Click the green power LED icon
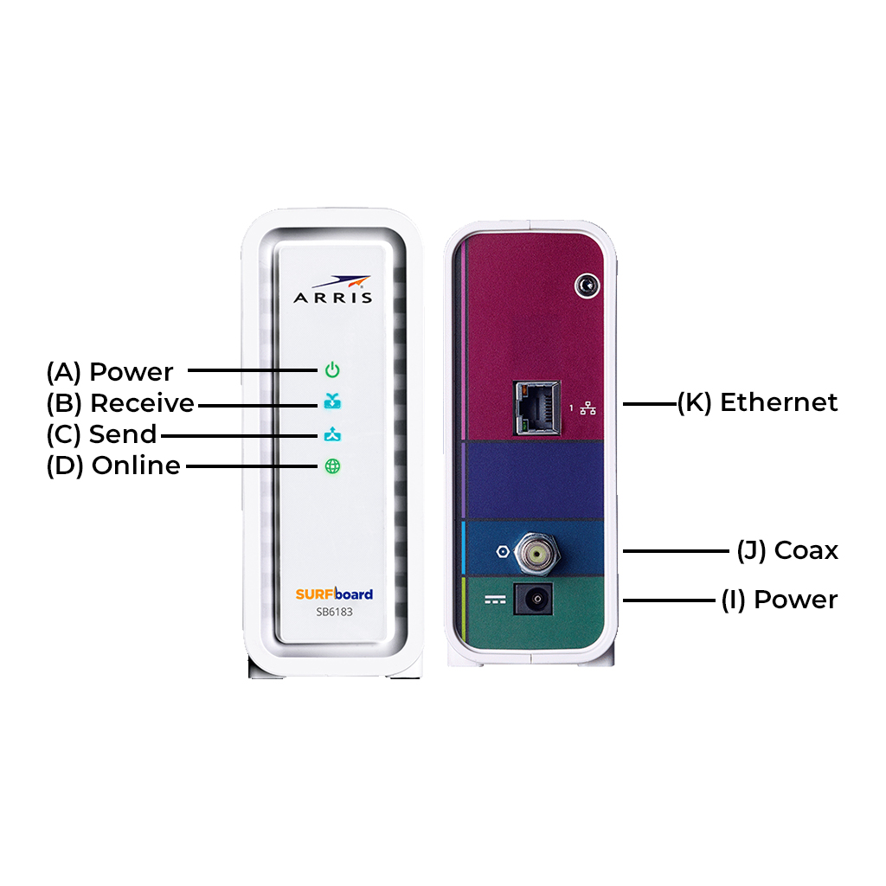click(332, 370)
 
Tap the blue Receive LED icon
click(332, 401)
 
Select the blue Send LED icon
click(332, 434)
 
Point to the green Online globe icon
click(332, 466)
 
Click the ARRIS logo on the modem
click(333, 289)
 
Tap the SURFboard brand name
click(334, 594)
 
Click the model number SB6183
click(334, 612)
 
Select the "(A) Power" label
click(110, 372)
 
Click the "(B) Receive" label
click(120, 403)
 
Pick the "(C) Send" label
click(102, 434)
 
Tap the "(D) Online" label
click(113, 465)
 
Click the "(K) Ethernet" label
click(758, 402)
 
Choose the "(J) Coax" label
click(787, 550)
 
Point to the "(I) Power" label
click(780, 600)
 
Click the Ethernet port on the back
click(536, 408)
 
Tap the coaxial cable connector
click(536, 551)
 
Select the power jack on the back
click(533, 599)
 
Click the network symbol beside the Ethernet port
click(587, 408)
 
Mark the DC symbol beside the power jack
click(495, 600)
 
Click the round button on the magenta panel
click(587, 286)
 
